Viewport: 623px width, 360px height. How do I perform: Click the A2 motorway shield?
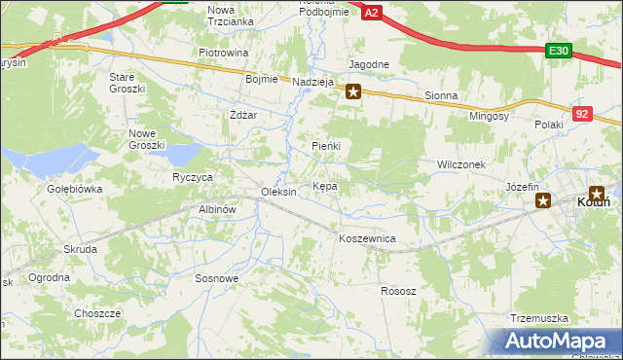372,11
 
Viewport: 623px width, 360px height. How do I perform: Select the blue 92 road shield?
582,113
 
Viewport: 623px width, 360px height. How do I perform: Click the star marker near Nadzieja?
353,92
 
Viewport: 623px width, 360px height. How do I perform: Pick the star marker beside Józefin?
544,201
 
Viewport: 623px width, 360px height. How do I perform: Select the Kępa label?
325,185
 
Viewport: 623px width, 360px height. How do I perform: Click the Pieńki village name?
326,145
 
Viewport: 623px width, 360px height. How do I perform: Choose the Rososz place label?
398,291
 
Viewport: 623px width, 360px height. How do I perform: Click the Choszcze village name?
97,313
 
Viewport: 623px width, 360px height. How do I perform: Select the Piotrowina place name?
224,53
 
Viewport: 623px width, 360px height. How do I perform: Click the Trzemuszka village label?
538,318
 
